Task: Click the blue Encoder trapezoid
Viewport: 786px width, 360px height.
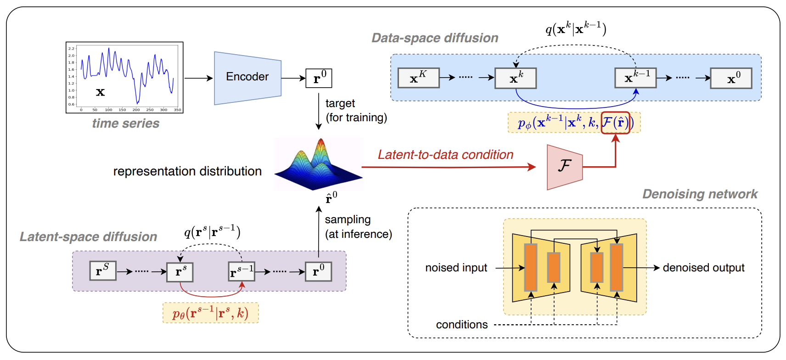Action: pos(247,78)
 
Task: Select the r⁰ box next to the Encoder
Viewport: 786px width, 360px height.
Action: pos(319,78)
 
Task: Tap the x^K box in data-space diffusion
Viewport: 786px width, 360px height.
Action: pos(418,78)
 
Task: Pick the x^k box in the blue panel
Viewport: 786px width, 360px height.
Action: pos(515,78)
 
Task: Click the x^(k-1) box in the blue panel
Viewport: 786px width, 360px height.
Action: pos(635,78)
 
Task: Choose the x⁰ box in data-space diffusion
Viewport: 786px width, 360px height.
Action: pos(731,78)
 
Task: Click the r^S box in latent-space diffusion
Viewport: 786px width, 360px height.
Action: pos(102,271)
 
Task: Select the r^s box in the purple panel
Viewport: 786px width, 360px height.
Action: pos(180,272)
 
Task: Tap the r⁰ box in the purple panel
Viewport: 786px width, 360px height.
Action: pos(318,271)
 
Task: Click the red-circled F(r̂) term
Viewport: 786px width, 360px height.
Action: pos(615,123)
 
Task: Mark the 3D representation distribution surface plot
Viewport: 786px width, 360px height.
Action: pos(318,164)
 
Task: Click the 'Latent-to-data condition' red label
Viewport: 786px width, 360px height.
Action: pos(445,155)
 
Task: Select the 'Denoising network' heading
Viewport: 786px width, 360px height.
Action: pos(699,194)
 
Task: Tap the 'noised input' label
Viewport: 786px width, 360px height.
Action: pos(456,268)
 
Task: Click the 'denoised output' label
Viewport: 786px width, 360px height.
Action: pos(703,268)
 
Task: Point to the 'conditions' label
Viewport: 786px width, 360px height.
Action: pos(461,325)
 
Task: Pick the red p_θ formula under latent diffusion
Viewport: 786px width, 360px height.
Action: pos(210,313)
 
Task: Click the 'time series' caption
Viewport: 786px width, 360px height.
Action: pos(125,124)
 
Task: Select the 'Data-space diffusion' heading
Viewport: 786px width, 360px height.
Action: pos(434,38)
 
